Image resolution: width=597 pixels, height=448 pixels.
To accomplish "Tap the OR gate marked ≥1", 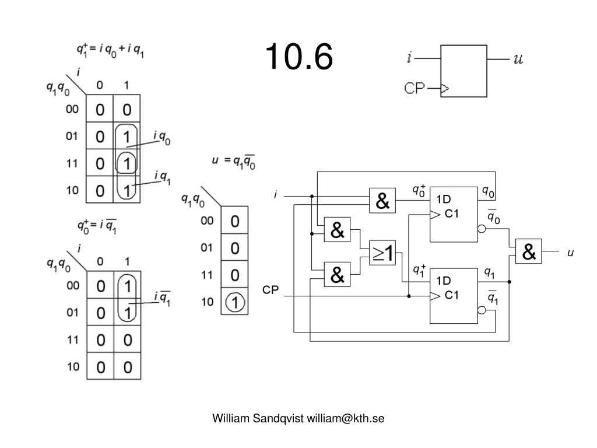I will coord(382,253).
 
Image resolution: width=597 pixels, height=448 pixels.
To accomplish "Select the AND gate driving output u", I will coord(528,252).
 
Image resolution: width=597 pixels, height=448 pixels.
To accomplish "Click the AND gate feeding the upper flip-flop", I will coord(382,201).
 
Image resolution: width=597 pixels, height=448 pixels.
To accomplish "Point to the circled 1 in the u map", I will coord(234,302).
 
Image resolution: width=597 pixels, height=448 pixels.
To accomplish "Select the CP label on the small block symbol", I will coord(415,89).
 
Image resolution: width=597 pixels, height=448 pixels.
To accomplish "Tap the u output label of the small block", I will coord(517,59).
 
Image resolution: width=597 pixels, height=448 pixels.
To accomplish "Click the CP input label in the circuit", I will coord(271,290).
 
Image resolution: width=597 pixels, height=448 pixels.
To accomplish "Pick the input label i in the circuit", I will coord(276,196).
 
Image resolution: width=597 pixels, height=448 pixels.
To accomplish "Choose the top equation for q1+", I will coord(111,51).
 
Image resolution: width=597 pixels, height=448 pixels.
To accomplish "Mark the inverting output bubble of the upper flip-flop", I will coord(482,229).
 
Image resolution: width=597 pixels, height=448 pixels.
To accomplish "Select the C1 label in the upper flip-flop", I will coord(452,214).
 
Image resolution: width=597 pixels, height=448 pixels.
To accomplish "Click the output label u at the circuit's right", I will coord(571,253).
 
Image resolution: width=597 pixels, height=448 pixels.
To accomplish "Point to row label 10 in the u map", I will coord(207,302).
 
